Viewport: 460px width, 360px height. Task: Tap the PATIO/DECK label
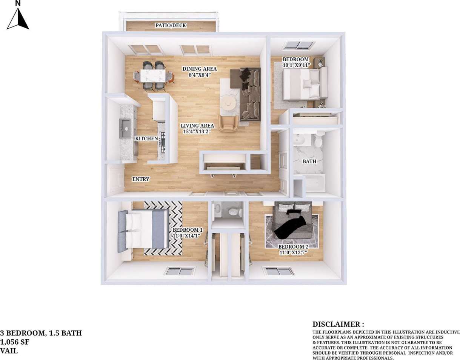171,26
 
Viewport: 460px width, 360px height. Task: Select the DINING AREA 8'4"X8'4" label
199,72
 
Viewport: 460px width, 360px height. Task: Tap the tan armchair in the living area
228,123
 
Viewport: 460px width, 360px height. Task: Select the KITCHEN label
146,138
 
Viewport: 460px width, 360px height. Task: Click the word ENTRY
140,179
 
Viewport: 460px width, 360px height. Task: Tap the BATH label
309,162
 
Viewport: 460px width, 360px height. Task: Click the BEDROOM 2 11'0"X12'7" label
293,249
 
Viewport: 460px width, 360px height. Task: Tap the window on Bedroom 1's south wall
180,271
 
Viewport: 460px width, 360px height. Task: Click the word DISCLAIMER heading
338,324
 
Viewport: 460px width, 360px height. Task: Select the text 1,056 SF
15,342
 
